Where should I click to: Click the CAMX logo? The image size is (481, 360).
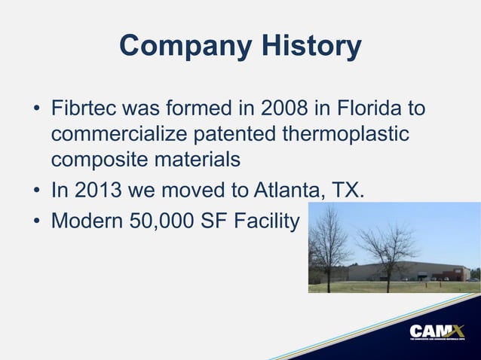click(437, 331)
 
